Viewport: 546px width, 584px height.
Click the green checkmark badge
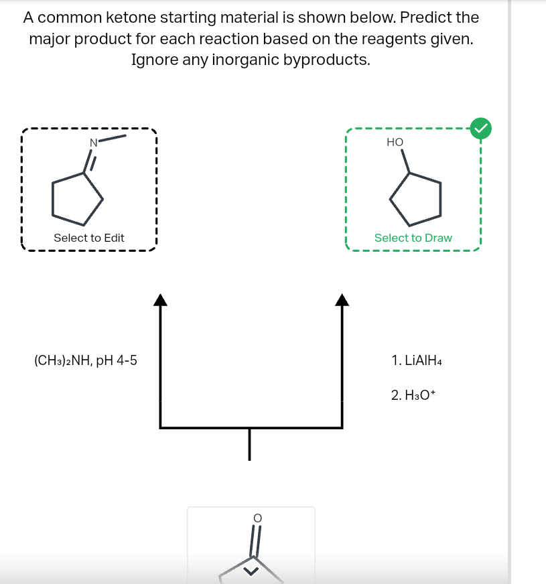pos(481,127)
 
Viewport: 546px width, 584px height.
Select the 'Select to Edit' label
pos(89,238)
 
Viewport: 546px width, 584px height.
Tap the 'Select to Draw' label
pos(413,238)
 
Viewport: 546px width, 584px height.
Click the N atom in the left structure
pos(94,141)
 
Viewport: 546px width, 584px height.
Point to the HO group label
pos(395,142)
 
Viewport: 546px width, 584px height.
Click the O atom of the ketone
pos(255,518)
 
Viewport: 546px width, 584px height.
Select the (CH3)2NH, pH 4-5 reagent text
pos(85,361)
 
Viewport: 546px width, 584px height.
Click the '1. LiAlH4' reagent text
pos(417,361)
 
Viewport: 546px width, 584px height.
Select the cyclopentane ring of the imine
pos(78,198)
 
